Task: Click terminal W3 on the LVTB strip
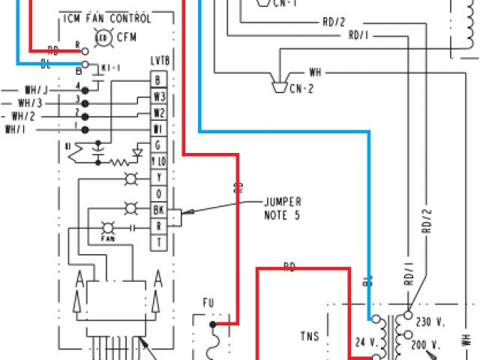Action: click(x=158, y=97)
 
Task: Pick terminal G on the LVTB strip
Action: click(x=158, y=144)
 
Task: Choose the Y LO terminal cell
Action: click(x=158, y=160)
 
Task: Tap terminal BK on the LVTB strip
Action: click(x=158, y=210)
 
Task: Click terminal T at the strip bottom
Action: click(x=158, y=242)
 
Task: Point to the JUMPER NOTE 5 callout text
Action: click(x=281, y=208)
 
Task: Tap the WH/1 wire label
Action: click(x=16, y=129)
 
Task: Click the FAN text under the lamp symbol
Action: click(x=106, y=238)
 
